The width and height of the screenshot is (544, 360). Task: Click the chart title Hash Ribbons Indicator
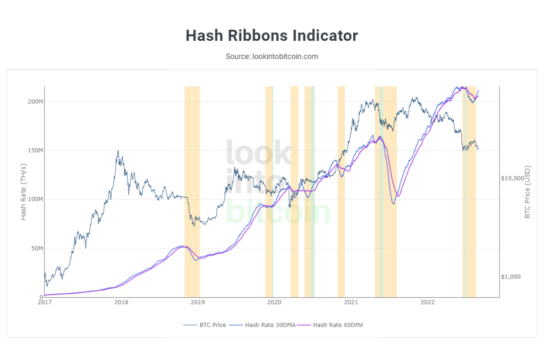click(271, 36)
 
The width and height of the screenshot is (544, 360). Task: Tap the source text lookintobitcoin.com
click(271, 56)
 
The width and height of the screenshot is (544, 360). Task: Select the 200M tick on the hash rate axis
click(34, 101)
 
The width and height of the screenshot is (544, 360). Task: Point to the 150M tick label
click(34, 150)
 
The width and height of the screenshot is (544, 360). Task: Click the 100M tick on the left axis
click(34, 199)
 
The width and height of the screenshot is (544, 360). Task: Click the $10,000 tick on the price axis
click(513, 178)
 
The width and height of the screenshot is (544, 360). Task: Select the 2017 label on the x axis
click(45, 303)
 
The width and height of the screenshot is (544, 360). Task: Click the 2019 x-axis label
click(198, 303)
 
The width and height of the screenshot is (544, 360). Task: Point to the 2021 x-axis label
click(351, 303)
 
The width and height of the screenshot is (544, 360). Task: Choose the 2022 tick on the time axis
click(428, 303)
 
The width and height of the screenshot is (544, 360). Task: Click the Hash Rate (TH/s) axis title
click(24, 191)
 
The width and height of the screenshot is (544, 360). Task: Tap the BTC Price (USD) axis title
click(528, 191)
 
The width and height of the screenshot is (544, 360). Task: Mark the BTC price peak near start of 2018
click(118, 151)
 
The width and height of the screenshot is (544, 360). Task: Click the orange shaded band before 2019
click(192, 191)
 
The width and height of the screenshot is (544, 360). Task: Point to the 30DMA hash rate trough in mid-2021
click(393, 203)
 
